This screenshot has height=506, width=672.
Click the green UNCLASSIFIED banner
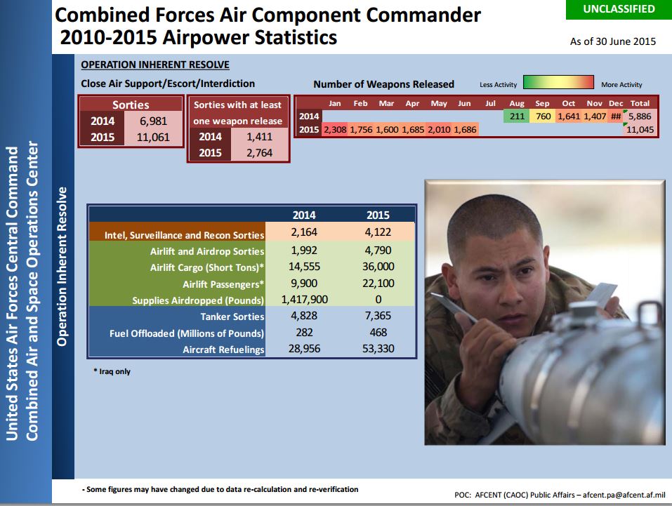tap(619, 9)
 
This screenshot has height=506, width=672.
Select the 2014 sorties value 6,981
tap(153, 121)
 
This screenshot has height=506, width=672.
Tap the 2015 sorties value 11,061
tap(153, 138)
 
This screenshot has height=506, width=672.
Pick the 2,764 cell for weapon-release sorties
tap(259, 153)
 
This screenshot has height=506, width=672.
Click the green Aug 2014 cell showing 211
tap(517, 116)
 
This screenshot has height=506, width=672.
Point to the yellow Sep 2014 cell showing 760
tap(543, 116)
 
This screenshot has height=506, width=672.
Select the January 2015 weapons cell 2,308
tap(335, 129)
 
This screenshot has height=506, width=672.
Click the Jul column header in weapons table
tap(490, 103)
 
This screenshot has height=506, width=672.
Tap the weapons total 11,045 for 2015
tap(640, 129)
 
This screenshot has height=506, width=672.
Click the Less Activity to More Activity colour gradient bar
tap(558, 82)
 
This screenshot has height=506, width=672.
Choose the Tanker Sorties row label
tap(232, 317)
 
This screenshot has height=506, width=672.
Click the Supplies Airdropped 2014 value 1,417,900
tap(304, 300)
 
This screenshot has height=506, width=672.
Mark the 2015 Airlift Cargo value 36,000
tap(378, 267)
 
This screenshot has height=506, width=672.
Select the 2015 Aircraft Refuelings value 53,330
tap(378, 349)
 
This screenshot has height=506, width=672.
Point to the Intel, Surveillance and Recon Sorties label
tap(184, 235)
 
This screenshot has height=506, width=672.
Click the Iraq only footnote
tap(112, 371)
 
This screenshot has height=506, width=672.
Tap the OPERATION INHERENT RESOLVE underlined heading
tap(155, 65)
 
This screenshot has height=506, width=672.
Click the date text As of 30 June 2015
tap(613, 41)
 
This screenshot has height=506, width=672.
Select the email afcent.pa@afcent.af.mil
tap(624, 495)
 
